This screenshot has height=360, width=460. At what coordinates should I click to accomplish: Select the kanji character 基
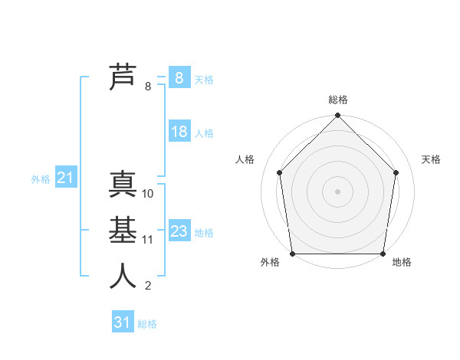[x=123, y=230]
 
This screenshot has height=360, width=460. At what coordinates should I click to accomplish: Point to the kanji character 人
[x=123, y=275]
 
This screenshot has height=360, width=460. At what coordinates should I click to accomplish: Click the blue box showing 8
[x=179, y=78]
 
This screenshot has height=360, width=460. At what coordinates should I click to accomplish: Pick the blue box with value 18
[x=179, y=132]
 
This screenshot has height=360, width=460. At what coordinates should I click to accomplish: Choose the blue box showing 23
[x=179, y=231]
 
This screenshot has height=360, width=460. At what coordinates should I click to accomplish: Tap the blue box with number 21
[x=65, y=178]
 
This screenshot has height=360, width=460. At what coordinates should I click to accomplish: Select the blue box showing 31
[x=122, y=322]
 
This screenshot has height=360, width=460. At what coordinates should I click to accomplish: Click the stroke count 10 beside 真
[x=148, y=194]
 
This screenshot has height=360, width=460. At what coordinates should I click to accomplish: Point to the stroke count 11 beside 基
[x=148, y=240]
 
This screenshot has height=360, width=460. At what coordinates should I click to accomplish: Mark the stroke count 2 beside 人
[x=147, y=286]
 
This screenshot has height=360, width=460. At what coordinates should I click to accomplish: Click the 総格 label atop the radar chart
[x=338, y=100]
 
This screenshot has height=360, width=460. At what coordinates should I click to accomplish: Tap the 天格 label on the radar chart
[x=432, y=159]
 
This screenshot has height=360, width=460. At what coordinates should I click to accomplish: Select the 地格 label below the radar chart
[x=402, y=263]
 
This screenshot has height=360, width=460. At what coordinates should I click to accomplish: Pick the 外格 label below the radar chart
[x=270, y=263]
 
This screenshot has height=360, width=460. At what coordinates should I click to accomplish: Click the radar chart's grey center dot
[x=337, y=191]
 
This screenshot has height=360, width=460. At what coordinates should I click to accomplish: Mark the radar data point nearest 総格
[x=337, y=116]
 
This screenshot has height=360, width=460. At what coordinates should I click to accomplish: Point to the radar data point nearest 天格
[x=396, y=172]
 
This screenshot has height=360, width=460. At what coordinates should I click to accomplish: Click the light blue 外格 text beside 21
[x=41, y=179]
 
